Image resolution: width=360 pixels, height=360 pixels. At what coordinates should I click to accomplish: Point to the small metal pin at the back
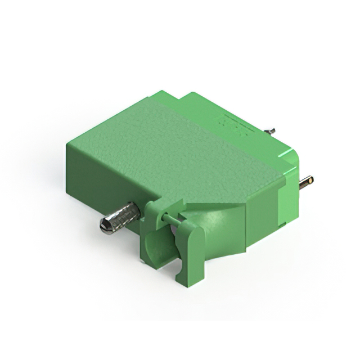[x=270, y=131]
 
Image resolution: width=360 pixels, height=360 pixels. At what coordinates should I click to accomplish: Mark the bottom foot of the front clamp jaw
[x=186, y=278]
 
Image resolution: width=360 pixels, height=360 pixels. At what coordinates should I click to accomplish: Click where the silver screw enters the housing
[x=138, y=210]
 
